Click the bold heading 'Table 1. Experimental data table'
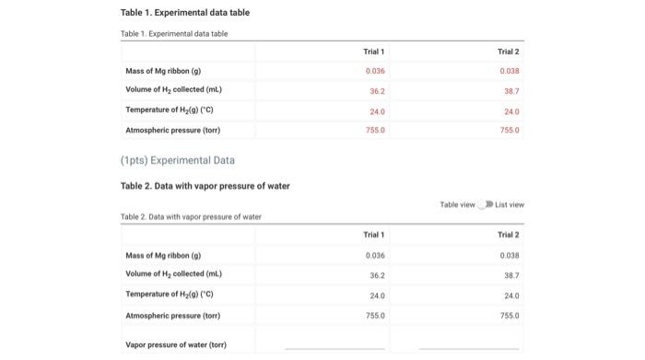[x=184, y=12]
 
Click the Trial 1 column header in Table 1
[x=374, y=51]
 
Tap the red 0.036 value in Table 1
[x=374, y=70]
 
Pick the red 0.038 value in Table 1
[x=509, y=70]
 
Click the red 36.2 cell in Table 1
[x=374, y=90]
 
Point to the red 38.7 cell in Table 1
[x=509, y=90]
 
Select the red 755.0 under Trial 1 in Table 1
[x=374, y=130]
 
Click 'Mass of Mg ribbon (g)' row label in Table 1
[x=165, y=70]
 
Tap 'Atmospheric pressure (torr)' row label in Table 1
[x=173, y=130]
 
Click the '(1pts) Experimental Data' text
[x=177, y=160]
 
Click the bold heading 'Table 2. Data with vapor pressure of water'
[x=205, y=186]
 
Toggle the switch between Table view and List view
[x=486, y=204]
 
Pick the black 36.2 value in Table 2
[x=374, y=274]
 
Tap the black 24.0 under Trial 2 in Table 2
[x=509, y=295]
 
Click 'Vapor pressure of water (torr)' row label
[x=175, y=344]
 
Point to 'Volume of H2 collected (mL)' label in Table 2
[x=173, y=274]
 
